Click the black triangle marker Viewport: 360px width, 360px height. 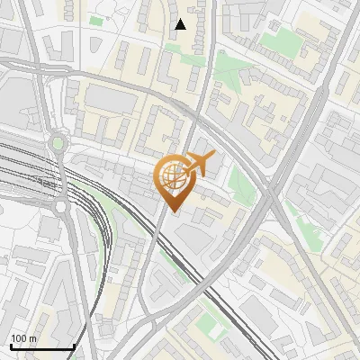coord(180,24)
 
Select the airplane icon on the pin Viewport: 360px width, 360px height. coord(197,165)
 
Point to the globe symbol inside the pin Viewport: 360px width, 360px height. coord(174,176)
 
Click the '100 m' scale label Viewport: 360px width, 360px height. coord(23,338)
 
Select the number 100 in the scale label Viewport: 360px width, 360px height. coord(19,338)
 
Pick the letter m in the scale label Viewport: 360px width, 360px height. coord(32,338)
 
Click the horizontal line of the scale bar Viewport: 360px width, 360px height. coord(42,346)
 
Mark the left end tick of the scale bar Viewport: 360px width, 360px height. coord(11,345)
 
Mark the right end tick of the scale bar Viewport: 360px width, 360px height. coord(74,345)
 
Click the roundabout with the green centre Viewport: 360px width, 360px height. coord(59,142)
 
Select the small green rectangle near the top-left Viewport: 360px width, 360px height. coord(96,20)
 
